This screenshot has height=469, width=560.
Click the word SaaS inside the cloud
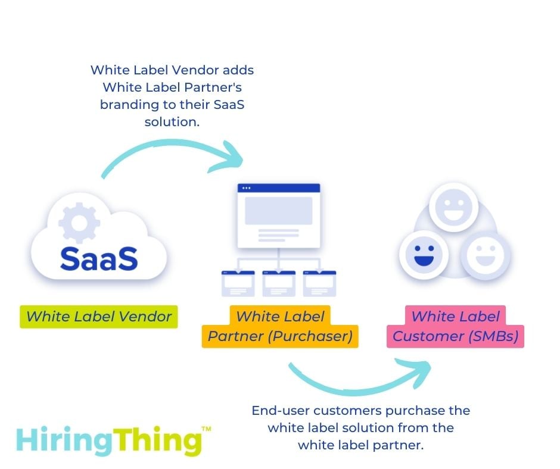click(99, 258)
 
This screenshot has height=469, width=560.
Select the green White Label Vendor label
click(99, 316)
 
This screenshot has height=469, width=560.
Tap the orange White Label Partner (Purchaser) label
click(280, 327)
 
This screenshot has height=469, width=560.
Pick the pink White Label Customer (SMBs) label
click(456, 327)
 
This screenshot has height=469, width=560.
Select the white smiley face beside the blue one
click(486, 255)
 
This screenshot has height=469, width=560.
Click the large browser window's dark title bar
click(279, 188)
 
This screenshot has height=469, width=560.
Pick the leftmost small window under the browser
click(238, 283)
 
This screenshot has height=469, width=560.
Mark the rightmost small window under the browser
click(320, 283)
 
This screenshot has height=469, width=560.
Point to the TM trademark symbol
click(206, 428)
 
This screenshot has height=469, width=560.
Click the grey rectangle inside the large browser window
click(279, 210)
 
